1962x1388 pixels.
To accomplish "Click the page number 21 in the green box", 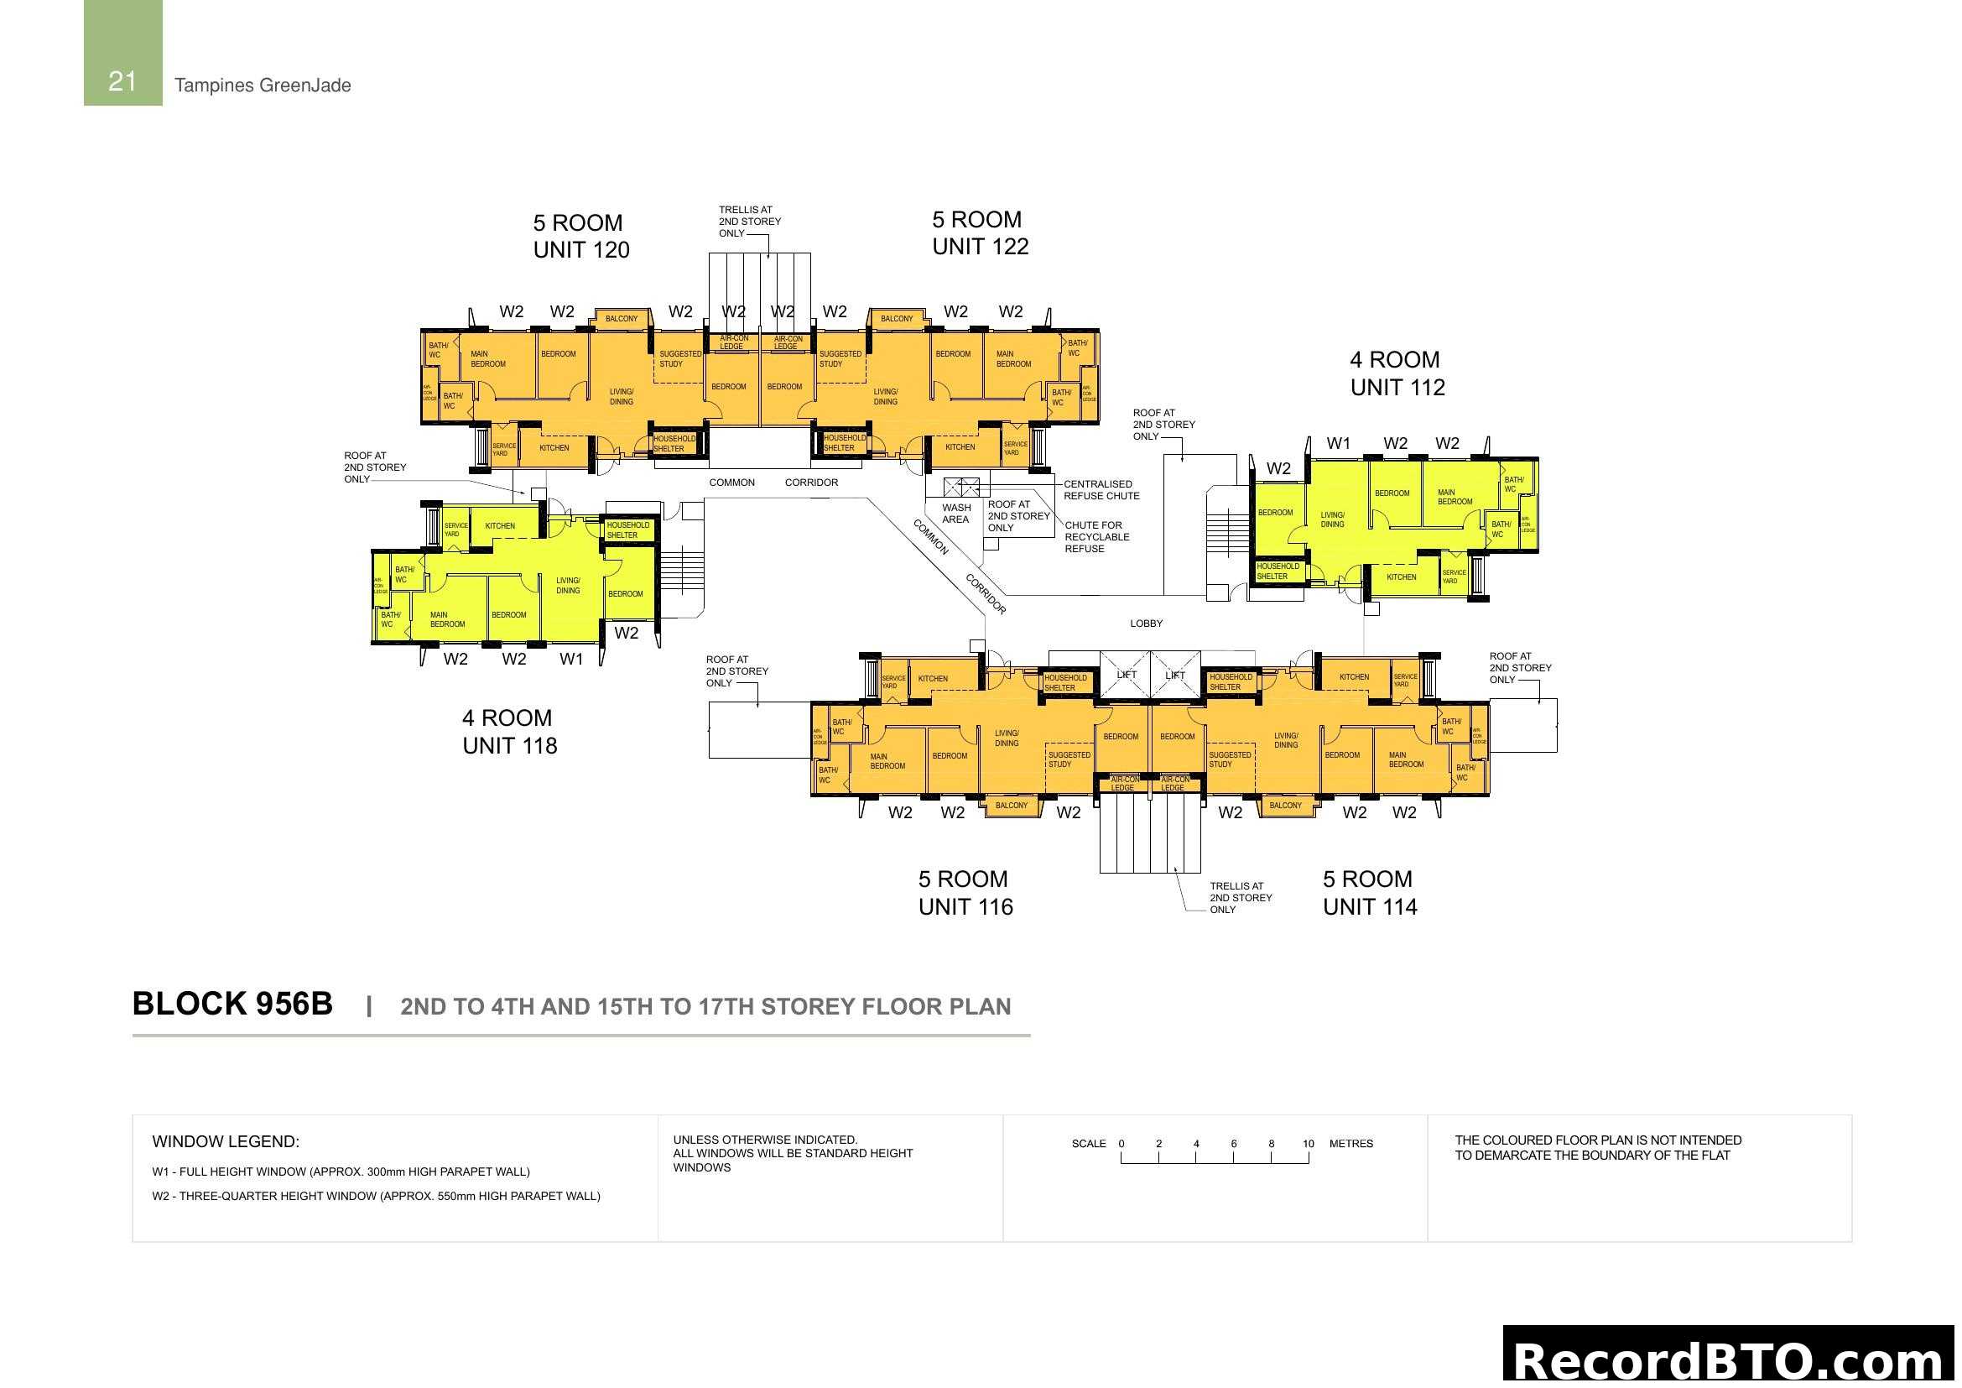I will [122, 81].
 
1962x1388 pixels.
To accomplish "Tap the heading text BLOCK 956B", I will [232, 1004].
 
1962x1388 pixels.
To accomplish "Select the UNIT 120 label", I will [581, 249].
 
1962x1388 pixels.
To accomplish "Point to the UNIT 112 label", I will [1397, 387].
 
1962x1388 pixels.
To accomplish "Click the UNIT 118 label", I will [509, 745].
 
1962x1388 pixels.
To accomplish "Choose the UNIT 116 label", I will [965, 907].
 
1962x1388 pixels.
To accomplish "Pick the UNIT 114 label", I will [1370, 907].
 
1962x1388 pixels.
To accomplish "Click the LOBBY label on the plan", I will [1146, 623].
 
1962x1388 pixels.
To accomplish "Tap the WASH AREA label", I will [955, 514].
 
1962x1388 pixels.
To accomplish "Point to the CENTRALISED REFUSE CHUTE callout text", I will [1101, 490].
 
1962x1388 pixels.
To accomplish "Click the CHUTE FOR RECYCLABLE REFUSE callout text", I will [1096, 537].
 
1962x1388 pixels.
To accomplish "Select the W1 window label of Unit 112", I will [1338, 444].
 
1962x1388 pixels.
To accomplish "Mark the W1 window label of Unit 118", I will [571, 659].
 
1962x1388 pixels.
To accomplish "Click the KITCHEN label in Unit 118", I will [500, 525].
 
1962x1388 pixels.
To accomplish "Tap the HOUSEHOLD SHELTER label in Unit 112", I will [1278, 571].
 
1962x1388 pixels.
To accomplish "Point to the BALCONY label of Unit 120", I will [622, 319].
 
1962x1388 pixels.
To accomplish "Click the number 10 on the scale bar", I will [1308, 1144].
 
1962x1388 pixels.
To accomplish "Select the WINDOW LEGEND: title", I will [226, 1142].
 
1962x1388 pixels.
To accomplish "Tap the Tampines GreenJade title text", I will [263, 86].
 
